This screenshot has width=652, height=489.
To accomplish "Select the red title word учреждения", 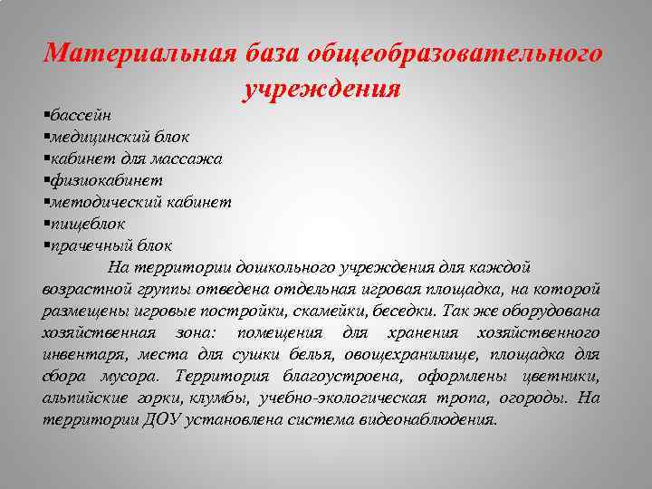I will coord(322,89).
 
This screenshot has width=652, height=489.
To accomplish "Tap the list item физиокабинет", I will coord(101,180).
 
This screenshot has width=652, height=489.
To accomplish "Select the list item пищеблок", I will coord(87,223).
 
